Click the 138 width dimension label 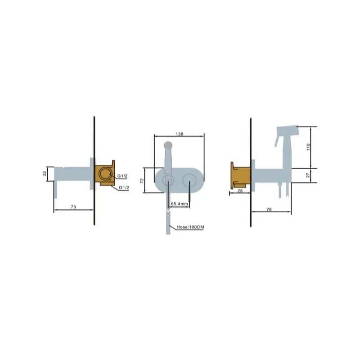tap(179, 134)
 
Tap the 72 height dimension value tap(142, 180)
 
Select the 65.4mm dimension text tap(180, 204)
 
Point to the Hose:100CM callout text tap(190, 227)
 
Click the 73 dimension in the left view tap(73, 207)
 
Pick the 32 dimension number tap(45, 173)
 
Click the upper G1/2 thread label tap(122, 176)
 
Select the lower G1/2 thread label tap(124, 188)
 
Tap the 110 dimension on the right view tap(308, 147)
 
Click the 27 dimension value tap(308, 175)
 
